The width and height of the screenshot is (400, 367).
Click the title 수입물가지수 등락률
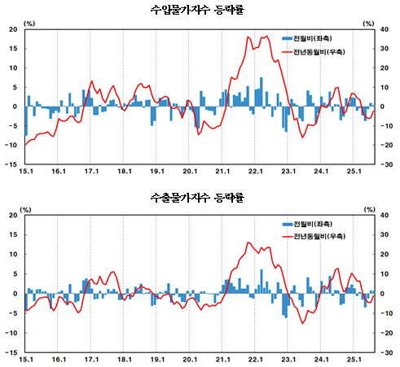(x=201, y=9)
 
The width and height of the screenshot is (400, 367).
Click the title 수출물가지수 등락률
(x=201, y=197)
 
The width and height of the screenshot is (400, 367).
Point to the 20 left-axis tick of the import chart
(x=13, y=29)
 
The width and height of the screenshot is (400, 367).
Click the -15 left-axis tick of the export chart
(x=11, y=352)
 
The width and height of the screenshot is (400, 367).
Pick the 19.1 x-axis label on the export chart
(x=157, y=359)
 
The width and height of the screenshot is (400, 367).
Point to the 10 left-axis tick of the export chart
(x=13, y=254)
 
